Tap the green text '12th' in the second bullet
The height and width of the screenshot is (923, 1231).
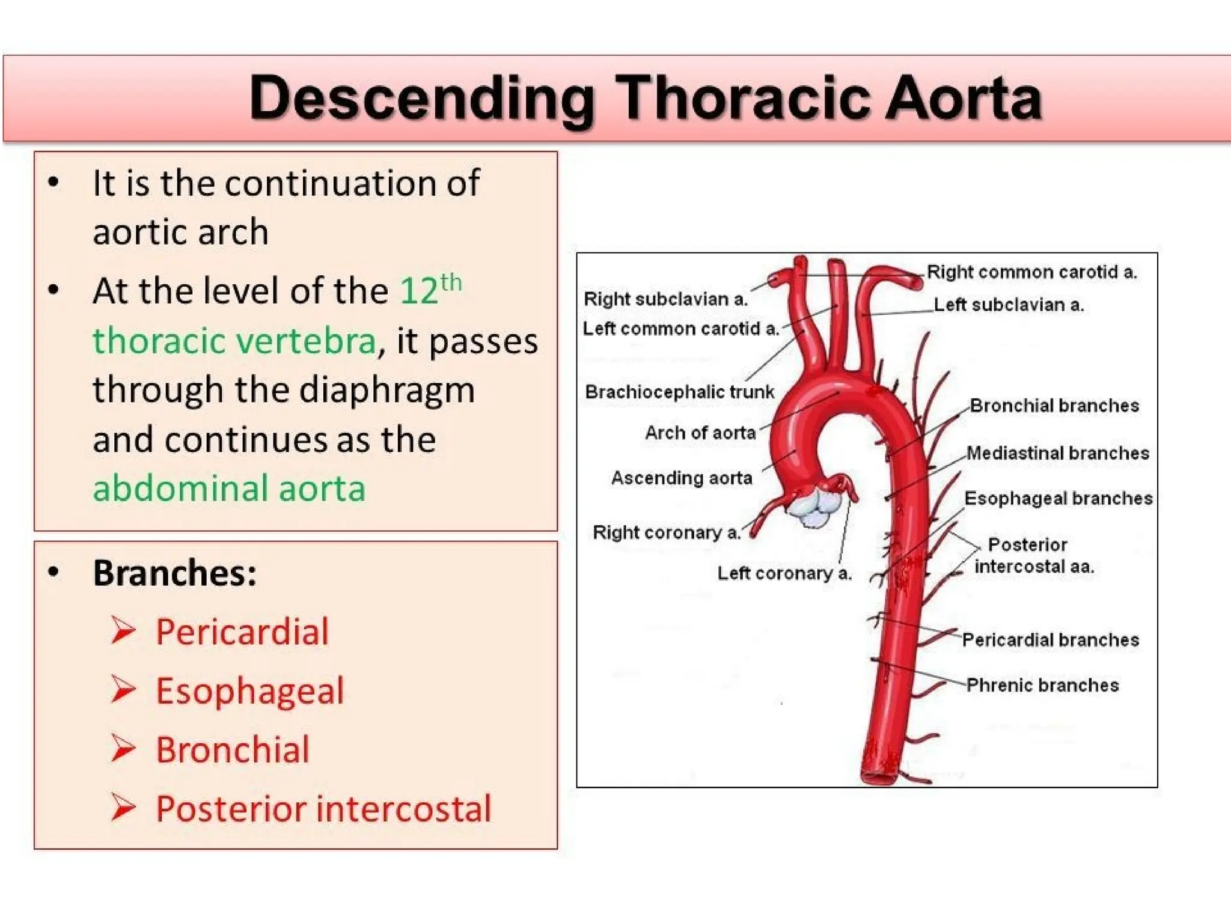(430, 290)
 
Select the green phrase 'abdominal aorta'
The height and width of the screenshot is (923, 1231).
(229, 488)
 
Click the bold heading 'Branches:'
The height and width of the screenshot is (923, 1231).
(175, 573)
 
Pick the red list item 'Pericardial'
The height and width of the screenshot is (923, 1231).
(242, 632)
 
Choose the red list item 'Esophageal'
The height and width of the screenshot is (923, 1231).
(249, 690)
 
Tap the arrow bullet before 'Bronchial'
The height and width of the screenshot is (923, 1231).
(123, 749)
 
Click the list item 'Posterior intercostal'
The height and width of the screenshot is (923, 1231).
(323, 808)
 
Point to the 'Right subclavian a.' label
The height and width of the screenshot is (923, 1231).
(665, 299)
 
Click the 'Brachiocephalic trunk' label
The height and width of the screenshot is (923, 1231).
(679, 392)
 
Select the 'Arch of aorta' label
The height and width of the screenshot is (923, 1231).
(700, 432)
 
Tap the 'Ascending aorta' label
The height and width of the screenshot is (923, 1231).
(682, 478)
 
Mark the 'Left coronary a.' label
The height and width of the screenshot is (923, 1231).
(784, 573)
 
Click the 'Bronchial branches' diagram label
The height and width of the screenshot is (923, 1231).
(1054, 406)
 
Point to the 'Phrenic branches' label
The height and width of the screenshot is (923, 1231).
(1042, 685)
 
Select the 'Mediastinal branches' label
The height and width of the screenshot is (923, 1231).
(1058, 452)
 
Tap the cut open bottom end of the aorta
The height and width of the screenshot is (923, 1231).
(879, 776)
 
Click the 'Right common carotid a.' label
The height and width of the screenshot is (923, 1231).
(1031, 272)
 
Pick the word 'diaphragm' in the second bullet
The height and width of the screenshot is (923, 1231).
(386, 390)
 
